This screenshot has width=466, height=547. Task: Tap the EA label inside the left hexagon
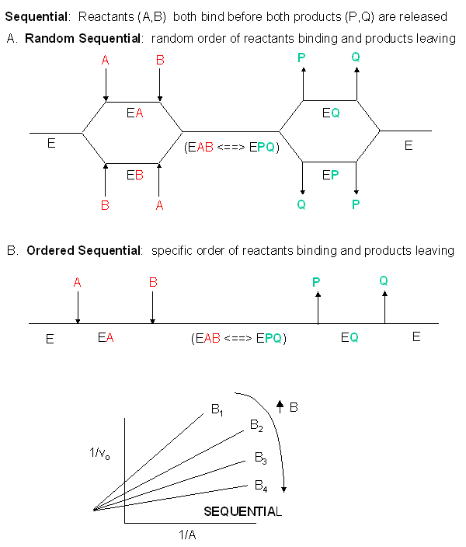[x=134, y=113]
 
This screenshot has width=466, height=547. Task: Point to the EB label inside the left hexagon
[x=134, y=175]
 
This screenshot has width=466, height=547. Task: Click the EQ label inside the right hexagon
[x=331, y=113]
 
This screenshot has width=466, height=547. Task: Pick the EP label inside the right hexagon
[x=330, y=175]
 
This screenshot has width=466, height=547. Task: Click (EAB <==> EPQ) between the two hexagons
[x=231, y=146]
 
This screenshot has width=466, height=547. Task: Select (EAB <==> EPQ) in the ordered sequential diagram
[x=238, y=338]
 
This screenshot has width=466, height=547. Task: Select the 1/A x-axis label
[x=187, y=535]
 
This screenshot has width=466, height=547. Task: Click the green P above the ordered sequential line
[x=316, y=282]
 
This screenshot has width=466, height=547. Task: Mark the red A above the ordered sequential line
[x=77, y=282]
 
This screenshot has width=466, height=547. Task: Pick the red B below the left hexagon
[x=105, y=205]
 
